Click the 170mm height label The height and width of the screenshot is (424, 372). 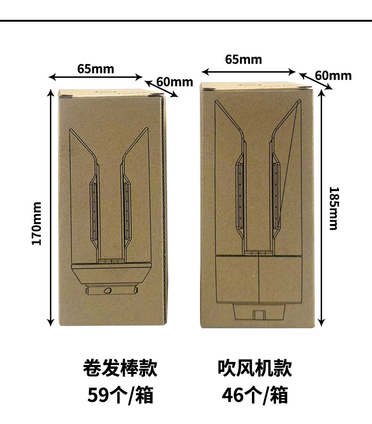coord(37,223)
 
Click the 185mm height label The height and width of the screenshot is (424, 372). coord(333,208)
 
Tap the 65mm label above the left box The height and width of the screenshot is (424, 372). coord(96,69)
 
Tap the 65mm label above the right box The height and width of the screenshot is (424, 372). coord(243,59)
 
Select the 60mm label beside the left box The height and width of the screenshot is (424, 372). coord(175,82)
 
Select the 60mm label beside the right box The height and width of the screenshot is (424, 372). coord(333,75)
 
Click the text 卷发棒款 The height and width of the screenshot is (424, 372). coord(120,368)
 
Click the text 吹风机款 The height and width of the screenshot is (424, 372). coord(255,368)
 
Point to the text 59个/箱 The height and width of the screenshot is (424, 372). coord(120,395)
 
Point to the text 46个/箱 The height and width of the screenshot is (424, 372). coord(255,395)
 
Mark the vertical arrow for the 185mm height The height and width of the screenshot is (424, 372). coord(322,208)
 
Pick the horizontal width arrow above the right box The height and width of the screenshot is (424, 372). coord(249,72)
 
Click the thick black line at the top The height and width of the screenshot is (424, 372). coord(186,21)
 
